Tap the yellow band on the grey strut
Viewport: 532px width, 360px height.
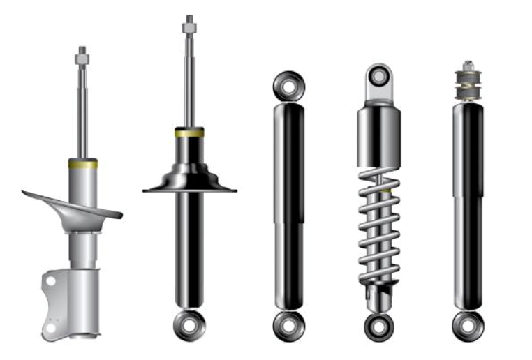[82, 164]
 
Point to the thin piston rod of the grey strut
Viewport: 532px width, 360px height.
[82, 112]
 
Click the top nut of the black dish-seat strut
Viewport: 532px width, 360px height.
[189, 26]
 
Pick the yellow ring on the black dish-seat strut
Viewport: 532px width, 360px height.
[189, 131]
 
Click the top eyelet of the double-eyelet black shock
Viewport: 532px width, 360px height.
[288, 86]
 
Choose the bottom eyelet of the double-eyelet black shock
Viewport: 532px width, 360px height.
[288, 326]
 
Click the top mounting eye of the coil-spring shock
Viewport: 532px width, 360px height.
[379, 75]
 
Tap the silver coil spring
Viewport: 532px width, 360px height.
[379, 230]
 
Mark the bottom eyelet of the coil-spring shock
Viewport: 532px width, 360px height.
[379, 326]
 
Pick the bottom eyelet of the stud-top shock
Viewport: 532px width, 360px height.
[467, 325]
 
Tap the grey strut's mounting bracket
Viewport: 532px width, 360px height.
[70, 300]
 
